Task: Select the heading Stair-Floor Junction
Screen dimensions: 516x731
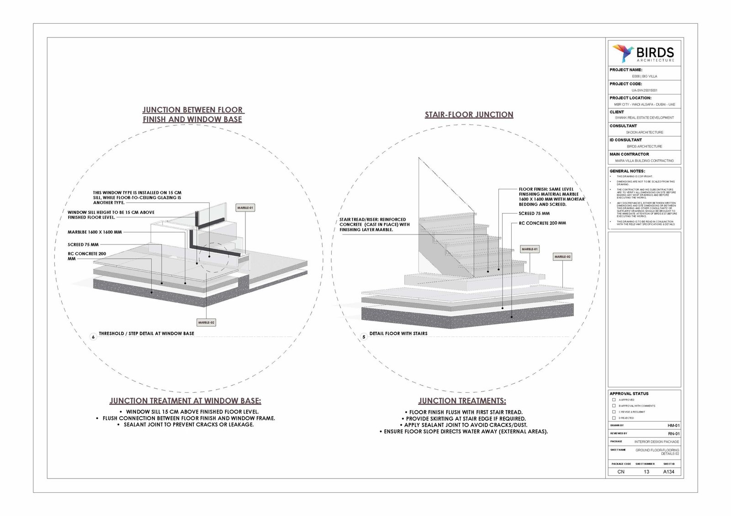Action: point(469,115)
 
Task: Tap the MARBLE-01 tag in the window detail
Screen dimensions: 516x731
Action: point(245,208)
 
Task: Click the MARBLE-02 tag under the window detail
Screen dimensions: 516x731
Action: point(206,323)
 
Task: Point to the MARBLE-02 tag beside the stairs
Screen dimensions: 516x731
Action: point(562,257)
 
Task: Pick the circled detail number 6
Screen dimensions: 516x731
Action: point(93,337)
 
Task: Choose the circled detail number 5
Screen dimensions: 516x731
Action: point(364,337)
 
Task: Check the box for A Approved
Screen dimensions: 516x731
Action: point(614,400)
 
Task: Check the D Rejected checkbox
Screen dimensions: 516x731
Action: point(614,417)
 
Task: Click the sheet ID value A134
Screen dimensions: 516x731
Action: point(668,472)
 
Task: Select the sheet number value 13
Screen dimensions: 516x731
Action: point(646,472)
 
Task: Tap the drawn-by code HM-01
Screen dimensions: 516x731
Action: point(673,425)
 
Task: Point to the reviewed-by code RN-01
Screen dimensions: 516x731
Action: point(673,433)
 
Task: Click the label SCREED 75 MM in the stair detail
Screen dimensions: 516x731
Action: point(534,214)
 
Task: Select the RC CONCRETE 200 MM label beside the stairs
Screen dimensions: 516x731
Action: point(542,223)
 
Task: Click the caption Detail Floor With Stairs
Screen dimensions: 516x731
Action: point(398,334)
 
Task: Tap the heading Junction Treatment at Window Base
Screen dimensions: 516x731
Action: point(185,401)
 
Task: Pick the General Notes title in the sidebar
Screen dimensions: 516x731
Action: point(627,171)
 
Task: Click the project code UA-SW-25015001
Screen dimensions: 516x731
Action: point(644,90)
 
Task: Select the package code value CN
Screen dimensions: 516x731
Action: point(621,472)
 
